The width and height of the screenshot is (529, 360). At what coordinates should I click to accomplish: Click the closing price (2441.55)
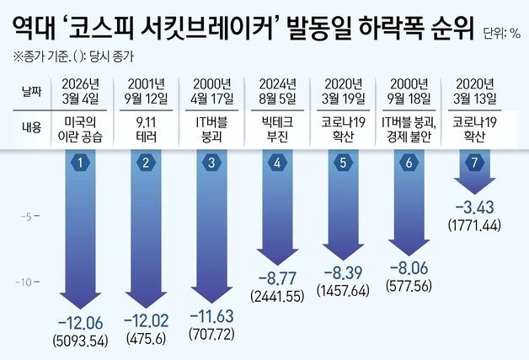[x=277, y=295]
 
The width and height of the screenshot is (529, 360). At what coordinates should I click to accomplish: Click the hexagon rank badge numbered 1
[x=78, y=163]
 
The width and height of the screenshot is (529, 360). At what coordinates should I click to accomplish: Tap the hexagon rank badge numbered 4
[x=277, y=163]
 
